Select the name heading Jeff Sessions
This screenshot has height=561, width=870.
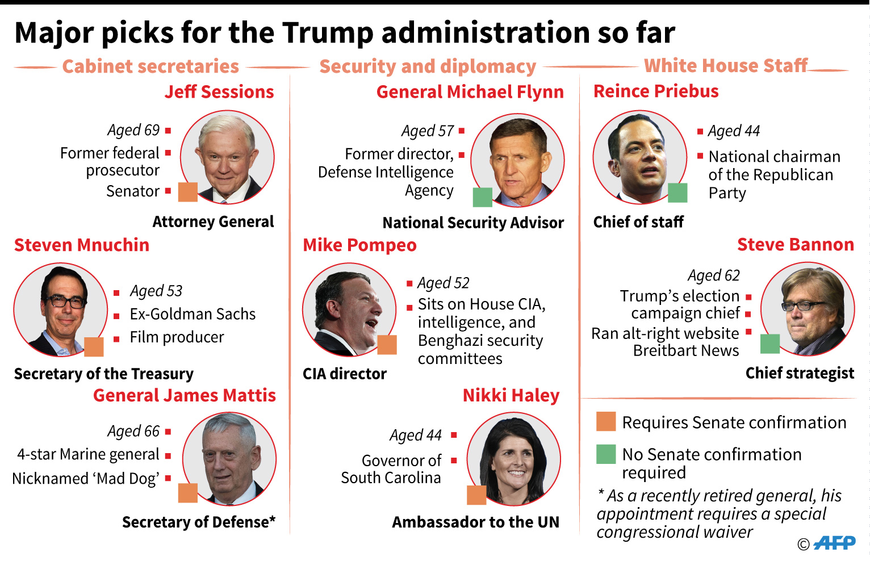coord(219,92)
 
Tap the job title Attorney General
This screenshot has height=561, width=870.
coord(213,221)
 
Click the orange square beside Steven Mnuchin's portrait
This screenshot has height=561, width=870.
coord(94,346)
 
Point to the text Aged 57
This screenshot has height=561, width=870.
coord(428,131)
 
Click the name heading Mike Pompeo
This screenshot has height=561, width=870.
coord(359,245)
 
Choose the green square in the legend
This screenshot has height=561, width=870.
coord(606,454)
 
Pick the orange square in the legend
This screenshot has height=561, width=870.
coord(606,422)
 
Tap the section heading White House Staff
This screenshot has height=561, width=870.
coord(725,66)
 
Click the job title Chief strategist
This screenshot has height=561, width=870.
coord(800,373)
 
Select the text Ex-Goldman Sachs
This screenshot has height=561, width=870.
coord(193,314)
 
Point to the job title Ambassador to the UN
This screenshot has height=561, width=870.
coord(475,522)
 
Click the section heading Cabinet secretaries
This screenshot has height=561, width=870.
coord(150,66)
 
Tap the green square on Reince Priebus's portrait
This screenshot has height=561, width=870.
coord(677,193)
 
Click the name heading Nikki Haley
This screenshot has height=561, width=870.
coord(511,395)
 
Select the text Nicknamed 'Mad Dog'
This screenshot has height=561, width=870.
coord(86,479)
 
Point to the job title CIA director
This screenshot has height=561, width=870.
coord(344,374)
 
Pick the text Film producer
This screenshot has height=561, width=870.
coord(177,337)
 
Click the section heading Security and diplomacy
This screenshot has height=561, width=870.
coord(428,66)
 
